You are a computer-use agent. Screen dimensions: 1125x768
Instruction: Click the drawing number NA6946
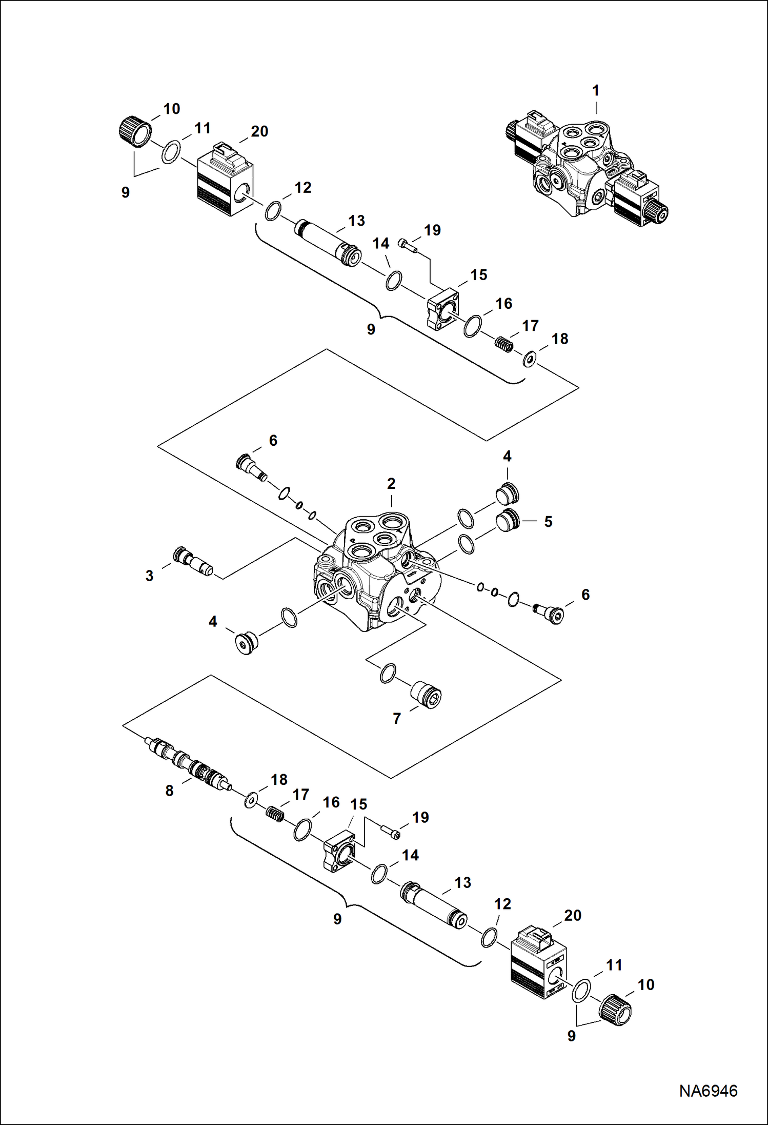708,1090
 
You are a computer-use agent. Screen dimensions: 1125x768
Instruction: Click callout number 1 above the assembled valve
595,91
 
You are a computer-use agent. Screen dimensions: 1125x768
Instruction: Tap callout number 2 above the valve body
391,483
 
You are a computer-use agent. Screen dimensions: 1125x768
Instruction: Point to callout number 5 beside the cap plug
548,522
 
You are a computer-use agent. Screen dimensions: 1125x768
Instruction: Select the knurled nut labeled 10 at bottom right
615,1010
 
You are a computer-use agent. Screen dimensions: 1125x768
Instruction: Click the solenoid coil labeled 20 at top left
225,185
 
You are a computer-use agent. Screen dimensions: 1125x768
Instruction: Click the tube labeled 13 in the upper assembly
328,243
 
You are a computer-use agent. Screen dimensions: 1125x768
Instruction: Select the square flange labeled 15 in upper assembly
443,310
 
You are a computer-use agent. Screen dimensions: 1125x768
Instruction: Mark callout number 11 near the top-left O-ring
203,128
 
